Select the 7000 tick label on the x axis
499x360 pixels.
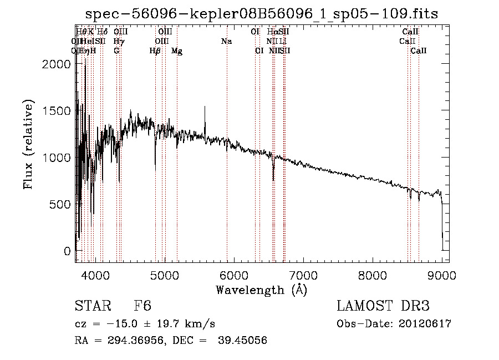pos(303,275)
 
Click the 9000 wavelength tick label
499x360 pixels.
pos(442,275)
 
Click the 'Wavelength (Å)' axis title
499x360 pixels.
pos(261,290)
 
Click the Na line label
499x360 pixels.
pos(226,42)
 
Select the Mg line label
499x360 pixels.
pos(177,51)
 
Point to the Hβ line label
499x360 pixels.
pos(155,51)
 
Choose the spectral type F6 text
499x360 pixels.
pos(142,307)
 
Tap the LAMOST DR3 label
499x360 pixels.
pos(383,307)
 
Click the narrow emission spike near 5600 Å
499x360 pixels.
pos(205,108)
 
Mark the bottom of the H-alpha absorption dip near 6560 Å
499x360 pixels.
pos(273,180)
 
